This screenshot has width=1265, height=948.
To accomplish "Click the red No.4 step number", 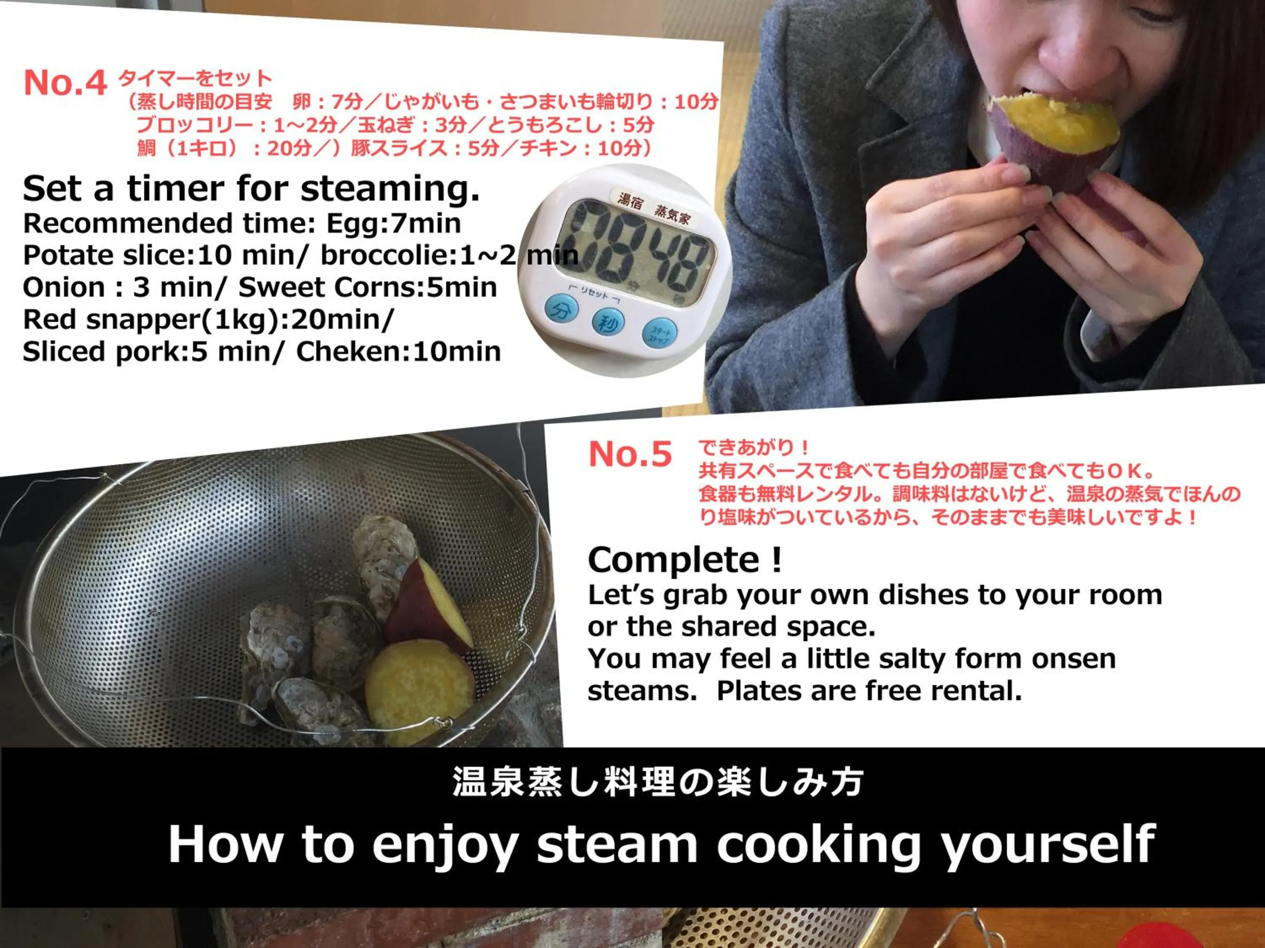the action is pyautogui.click(x=65, y=83).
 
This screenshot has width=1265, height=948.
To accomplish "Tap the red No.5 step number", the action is pyautogui.click(x=630, y=454).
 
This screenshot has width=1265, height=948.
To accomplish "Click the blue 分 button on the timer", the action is pyautogui.click(x=560, y=310).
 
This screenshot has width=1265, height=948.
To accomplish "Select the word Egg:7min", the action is pyautogui.click(x=393, y=223).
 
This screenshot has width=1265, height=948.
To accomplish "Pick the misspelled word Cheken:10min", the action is pyautogui.click(x=398, y=351).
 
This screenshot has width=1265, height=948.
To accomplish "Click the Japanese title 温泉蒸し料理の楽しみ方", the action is pyautogui.click(x=658, y=782).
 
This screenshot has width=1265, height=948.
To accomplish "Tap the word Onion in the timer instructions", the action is pyautogui.click(x=65, y=287).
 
